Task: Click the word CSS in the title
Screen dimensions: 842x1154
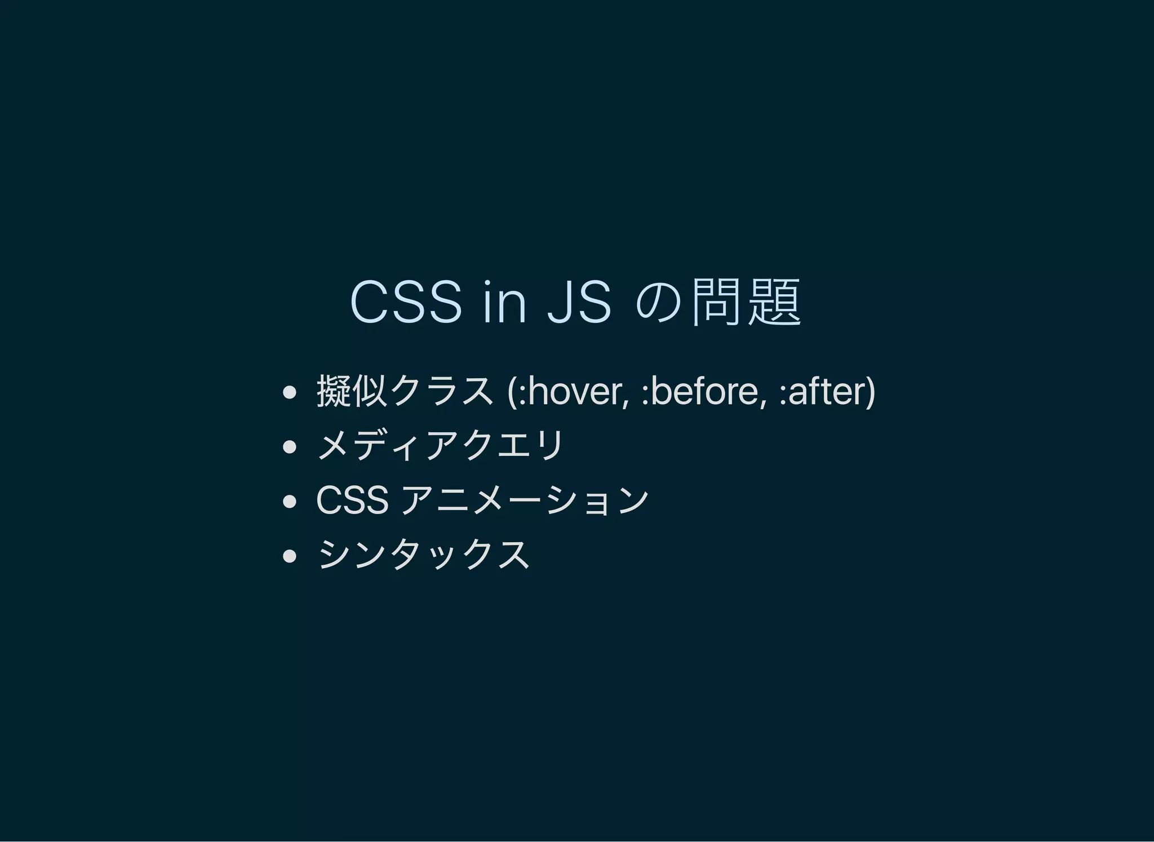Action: click(x=406, y=303)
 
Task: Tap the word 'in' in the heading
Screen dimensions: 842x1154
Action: click(x=504, y=303)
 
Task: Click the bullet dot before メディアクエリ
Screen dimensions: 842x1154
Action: click(x=289, y=447)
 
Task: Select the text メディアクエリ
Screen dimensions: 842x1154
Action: click(x=440, y=445)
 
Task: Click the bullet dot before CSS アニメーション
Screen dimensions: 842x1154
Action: click(x=289, y=501)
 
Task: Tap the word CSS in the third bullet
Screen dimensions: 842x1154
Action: click(x=352, y=500)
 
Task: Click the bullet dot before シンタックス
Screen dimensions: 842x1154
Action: click(x=289, y=556)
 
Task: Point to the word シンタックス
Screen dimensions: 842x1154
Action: click(x=424, y=554)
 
